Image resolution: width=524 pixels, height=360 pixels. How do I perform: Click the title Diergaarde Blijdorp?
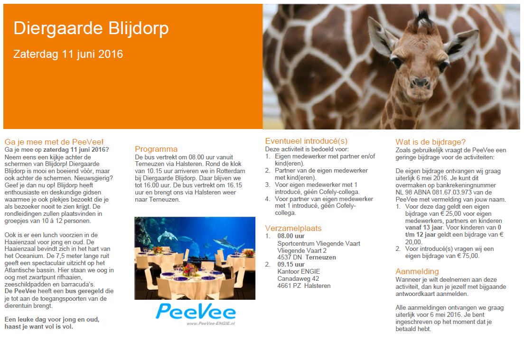tap(91, 28)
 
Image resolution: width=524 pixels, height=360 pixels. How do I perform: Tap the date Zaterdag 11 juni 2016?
tap(68, 54)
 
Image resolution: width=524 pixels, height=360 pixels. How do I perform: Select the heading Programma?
tap(156, 149)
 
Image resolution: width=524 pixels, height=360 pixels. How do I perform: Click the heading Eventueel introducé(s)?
tap(306, 141)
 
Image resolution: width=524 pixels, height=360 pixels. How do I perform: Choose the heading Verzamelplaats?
tap(293, 229)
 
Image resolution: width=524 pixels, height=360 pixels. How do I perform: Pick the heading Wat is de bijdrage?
tap(430, 142)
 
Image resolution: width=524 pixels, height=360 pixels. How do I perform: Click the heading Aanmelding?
tap(417, 271)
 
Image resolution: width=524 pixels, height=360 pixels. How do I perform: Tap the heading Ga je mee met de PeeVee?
tap(54, 142)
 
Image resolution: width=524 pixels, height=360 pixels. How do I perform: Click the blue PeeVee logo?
tap(196, 311)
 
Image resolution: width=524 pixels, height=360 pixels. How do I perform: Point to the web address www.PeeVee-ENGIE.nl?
tap(211, 323)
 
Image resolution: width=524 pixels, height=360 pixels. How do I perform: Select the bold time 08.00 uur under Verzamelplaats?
tap(291, 236)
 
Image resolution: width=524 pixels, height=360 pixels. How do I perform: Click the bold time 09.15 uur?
tap(291, 265)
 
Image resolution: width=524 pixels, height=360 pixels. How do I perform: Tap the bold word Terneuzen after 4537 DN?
tap(320, 258)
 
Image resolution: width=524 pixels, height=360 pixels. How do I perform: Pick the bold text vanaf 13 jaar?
tap(424, 228)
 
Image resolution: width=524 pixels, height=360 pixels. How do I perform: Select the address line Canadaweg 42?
tap(298, 278)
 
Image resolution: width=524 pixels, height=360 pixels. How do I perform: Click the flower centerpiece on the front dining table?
tap(189, 269)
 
